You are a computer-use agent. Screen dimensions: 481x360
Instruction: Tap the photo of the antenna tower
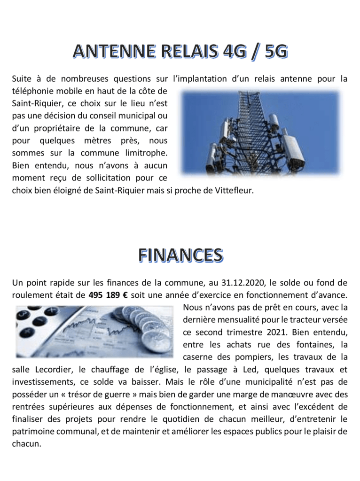click(260, 133)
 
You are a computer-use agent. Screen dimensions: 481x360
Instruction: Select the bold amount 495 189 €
click(108, 295)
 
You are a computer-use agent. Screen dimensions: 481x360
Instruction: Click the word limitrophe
click(145, 153)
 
